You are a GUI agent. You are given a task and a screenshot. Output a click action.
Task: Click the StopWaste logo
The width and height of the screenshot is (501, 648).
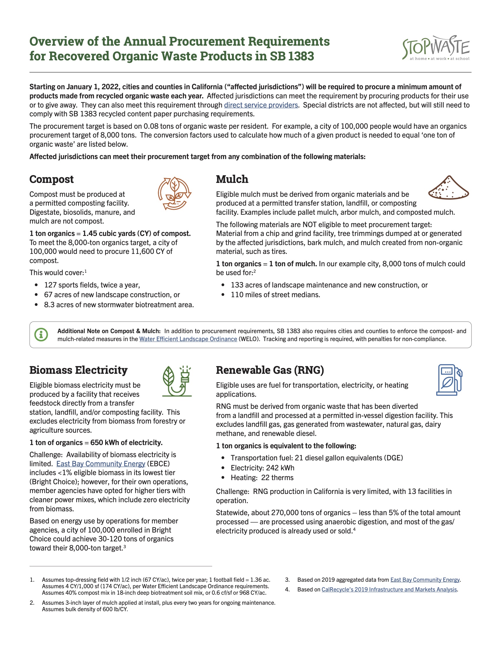pos(436,48)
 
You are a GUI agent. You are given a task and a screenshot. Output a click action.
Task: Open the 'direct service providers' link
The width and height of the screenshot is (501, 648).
pos(261,105)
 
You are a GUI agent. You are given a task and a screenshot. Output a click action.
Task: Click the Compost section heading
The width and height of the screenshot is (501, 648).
pos(51,179)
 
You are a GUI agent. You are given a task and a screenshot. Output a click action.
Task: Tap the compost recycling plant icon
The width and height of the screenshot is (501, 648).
pos(174,194)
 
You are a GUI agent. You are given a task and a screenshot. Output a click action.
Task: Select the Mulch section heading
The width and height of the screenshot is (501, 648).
pos(232,179)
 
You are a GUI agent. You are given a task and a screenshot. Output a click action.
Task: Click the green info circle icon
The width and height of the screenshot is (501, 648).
pos(41,335)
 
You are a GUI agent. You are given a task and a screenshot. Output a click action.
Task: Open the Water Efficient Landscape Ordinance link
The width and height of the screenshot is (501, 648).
pos(188,339)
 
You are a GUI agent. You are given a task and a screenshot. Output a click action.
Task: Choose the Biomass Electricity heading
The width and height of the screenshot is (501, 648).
pos(78,370)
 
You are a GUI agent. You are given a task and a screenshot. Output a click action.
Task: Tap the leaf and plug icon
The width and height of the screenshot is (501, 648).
pos(177,381)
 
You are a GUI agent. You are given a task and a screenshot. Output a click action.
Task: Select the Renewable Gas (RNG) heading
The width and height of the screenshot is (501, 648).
pos(270,370)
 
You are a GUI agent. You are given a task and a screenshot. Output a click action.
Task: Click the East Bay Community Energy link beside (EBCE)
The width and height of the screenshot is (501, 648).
pos(100,464)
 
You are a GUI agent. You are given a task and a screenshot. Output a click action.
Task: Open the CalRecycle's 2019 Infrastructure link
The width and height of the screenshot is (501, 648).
pos(389,589)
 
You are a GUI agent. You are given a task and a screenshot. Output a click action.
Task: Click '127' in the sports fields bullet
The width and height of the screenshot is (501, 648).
pos(50,285)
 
